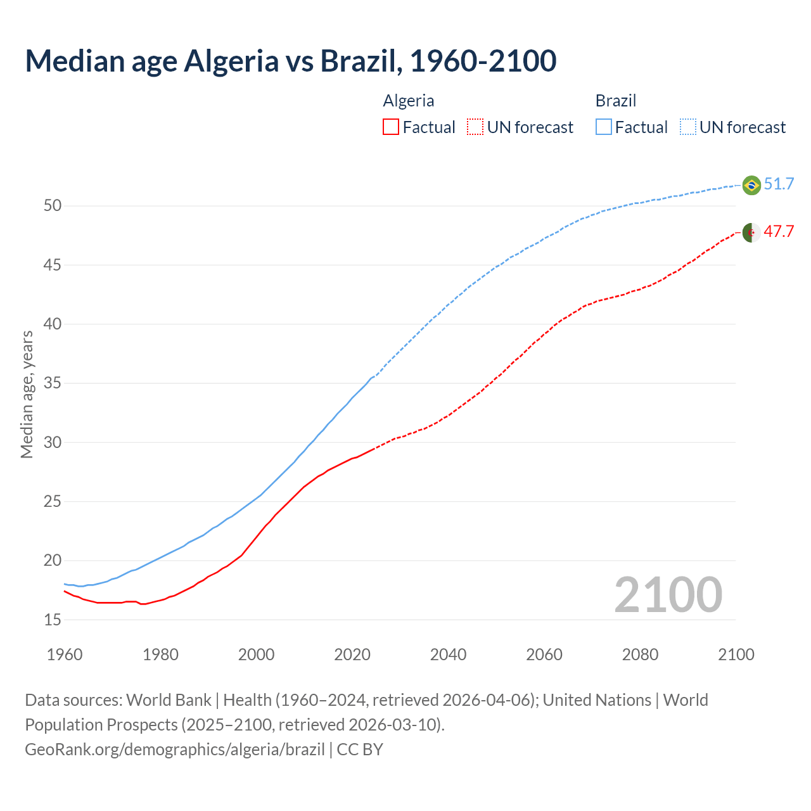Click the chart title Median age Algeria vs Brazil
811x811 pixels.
(x=290, y=61)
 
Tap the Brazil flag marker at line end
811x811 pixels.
(x=751, y=185)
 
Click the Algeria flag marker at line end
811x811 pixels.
(x=751, y=233)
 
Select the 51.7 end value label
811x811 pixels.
(x=779, y=184)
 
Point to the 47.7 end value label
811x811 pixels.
(x=779, y=232)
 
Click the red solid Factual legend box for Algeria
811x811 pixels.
(x=391, y=127)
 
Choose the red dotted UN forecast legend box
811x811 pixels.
(x=475, y=127)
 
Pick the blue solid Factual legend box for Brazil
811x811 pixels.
(x=604, y=127)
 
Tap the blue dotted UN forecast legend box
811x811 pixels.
(x=688, y=127)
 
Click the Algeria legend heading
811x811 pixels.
(x=409, y=101)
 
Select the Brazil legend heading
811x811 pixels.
(x=615, y=101)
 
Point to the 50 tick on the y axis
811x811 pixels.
(x=53, y=206)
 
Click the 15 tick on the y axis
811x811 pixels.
(x=53, y=620)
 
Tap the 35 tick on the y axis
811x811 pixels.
(x=53, y=383)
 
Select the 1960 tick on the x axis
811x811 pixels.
(x=65, y=655)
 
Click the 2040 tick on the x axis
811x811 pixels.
(x=448, y=655)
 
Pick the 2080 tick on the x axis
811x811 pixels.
(x=640, y=655)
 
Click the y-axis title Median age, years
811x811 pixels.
(x=27, y=394)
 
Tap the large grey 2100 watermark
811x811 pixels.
(x=668, y=595)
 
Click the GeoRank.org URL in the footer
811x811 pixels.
(x=175, y=750)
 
